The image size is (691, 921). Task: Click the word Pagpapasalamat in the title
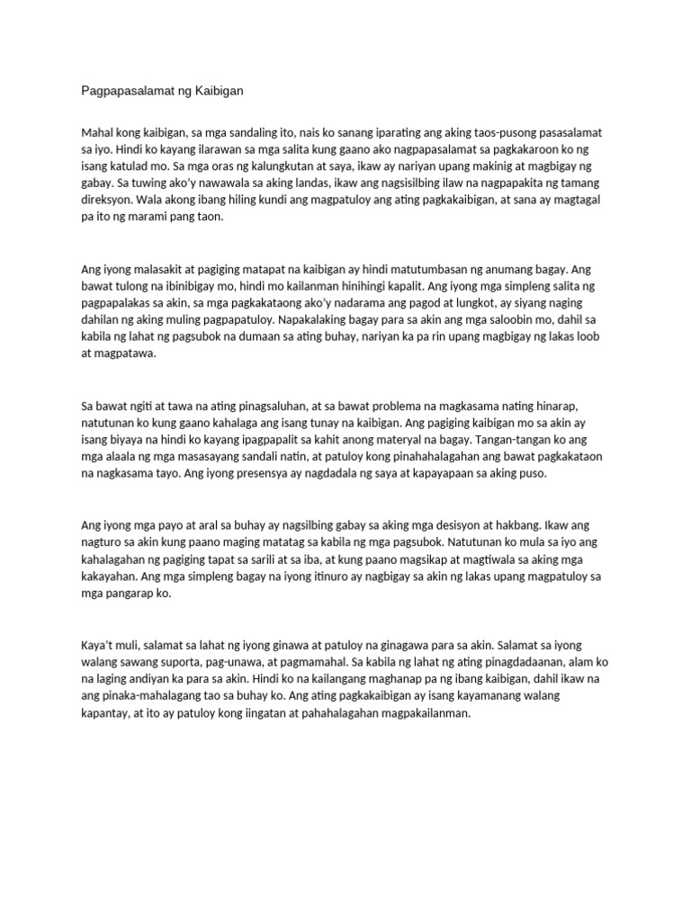(125, 91)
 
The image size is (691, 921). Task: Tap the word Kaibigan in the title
(216, 91)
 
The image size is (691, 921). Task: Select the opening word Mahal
(99, 131)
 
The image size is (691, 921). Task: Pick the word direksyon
(108, 201)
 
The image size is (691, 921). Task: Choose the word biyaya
(112, 439)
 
